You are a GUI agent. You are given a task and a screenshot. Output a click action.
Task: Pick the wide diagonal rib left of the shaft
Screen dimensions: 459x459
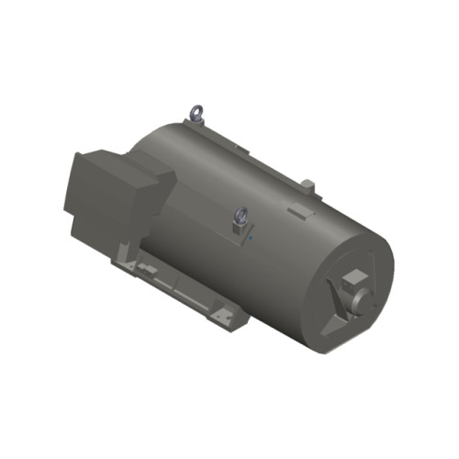335,295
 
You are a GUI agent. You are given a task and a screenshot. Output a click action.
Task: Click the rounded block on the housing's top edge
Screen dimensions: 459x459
308,186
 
